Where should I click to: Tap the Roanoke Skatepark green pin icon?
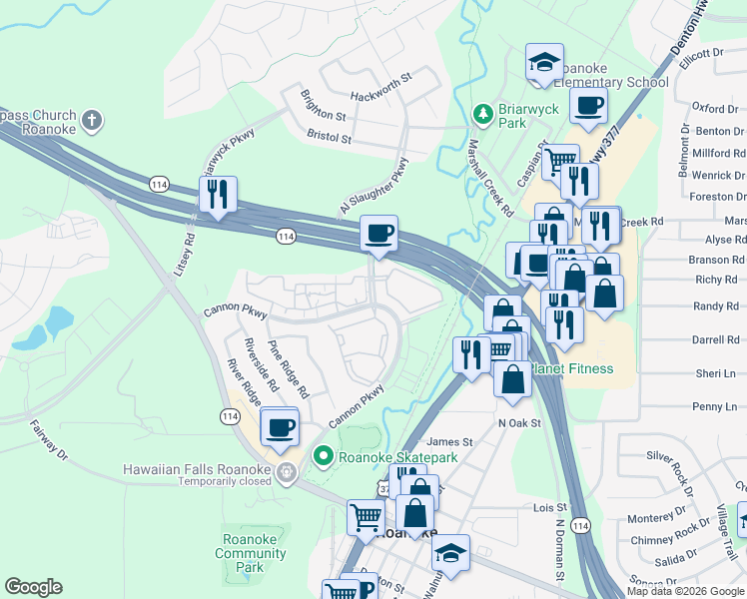[323, 457]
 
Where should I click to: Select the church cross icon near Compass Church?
[91, 122]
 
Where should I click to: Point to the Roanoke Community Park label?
[250, 553]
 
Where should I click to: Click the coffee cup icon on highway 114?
[378, 234]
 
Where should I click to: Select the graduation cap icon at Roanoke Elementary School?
[544, 63]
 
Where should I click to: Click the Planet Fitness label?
[574, 369]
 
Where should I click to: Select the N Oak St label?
[519, 423]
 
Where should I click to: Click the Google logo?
[33, 587]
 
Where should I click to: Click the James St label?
[449, 441]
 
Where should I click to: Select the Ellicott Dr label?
[700, 56]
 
